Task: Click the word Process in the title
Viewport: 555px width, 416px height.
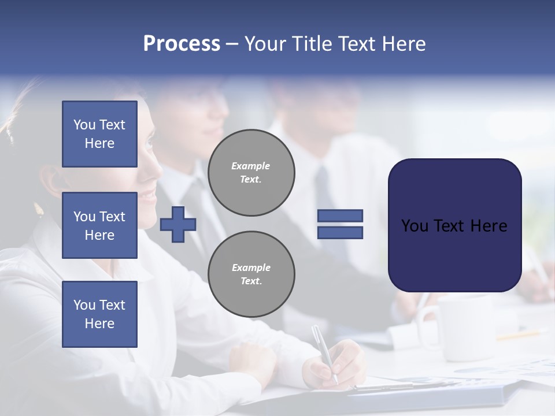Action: [x=182, y=44]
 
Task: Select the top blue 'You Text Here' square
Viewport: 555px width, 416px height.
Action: [x=99, y=134]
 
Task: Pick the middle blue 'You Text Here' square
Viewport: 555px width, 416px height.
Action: [x=99, y=225]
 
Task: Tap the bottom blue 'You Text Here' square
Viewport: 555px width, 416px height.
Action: [x=99, y=314]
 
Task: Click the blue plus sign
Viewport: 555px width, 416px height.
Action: [x=177, y=224]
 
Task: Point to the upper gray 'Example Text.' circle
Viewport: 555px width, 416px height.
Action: [x=251, y=172]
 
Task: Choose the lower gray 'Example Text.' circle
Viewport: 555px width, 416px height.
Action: [x=251, y=274]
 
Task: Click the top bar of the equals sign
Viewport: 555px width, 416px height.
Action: [x=340, y=216]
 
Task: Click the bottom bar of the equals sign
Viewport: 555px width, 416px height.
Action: [x=340, y=232]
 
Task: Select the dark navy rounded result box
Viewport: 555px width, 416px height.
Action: [x=454, y=225]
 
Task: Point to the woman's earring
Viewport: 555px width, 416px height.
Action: [x=40, y=210]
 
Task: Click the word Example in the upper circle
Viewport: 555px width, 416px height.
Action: [x=250, y=166]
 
